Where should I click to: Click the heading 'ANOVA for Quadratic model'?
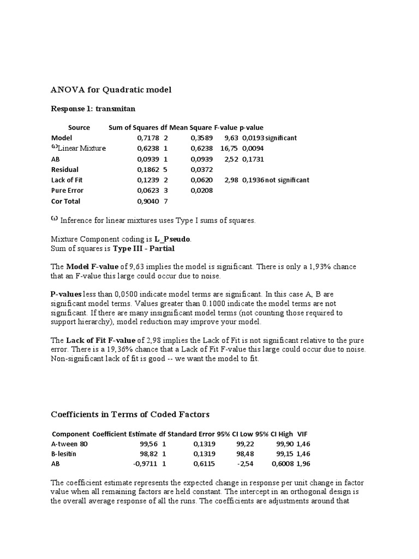click(111, 89)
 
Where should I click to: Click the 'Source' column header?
click(79, 127)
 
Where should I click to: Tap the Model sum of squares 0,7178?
click(147, 138)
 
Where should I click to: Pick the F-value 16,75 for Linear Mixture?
click(229, 148)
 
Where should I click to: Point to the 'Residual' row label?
click(64, 170)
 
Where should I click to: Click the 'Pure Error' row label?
click(66, 191)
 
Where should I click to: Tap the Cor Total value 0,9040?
click(147, 201)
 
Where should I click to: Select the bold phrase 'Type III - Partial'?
click(144, 248)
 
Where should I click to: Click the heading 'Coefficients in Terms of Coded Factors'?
click(130, 414)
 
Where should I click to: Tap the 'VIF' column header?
click(303, 433)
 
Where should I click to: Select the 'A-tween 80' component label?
click(69, 444)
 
